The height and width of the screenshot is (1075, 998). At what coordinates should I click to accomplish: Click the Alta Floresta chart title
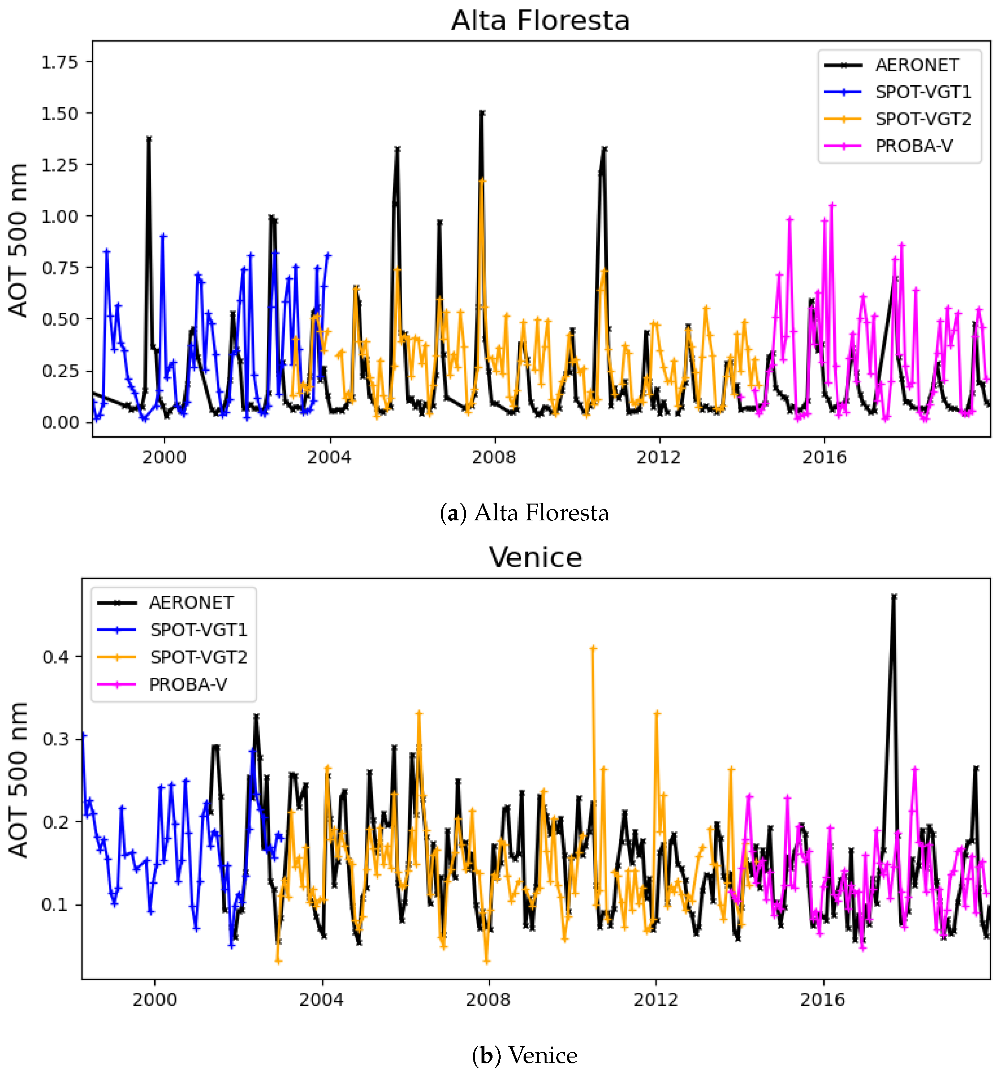coord(540,21)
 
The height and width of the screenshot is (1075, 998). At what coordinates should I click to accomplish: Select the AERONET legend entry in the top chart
coord(917,65)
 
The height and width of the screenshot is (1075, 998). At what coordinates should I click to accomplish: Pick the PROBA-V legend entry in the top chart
coord(914,146)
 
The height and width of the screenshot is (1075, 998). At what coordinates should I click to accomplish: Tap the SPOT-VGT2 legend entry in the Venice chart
coord(198,657)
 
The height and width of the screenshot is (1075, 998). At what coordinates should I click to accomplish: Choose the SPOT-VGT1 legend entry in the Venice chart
coord(198,630)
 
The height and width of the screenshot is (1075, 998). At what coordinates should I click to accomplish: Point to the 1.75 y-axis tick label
coord(60,63)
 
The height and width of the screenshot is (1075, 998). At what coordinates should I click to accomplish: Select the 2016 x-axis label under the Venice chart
coord(822,1000)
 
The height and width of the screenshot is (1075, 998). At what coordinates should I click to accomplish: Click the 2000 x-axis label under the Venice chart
coord(155,1000)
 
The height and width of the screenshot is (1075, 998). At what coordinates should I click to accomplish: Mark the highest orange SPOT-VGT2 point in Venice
coord(593,648)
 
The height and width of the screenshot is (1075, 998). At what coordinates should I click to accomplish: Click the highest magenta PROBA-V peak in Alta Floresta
coord(832,205)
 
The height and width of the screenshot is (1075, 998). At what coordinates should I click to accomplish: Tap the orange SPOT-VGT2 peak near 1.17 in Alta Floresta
coord(482,181)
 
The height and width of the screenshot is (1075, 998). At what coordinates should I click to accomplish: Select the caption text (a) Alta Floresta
coord(524,513)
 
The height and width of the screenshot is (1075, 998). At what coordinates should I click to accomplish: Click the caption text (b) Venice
coord(524,1055)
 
